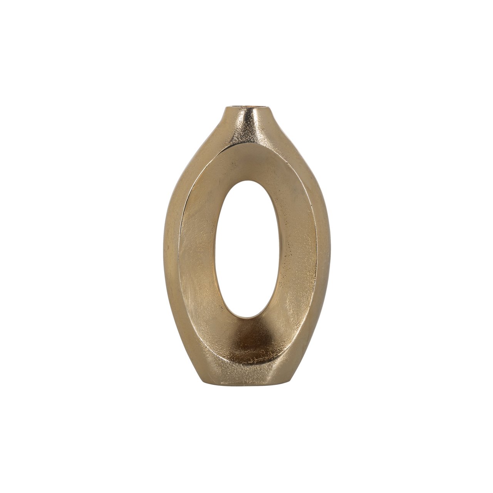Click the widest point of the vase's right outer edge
(x=329, y=246)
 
